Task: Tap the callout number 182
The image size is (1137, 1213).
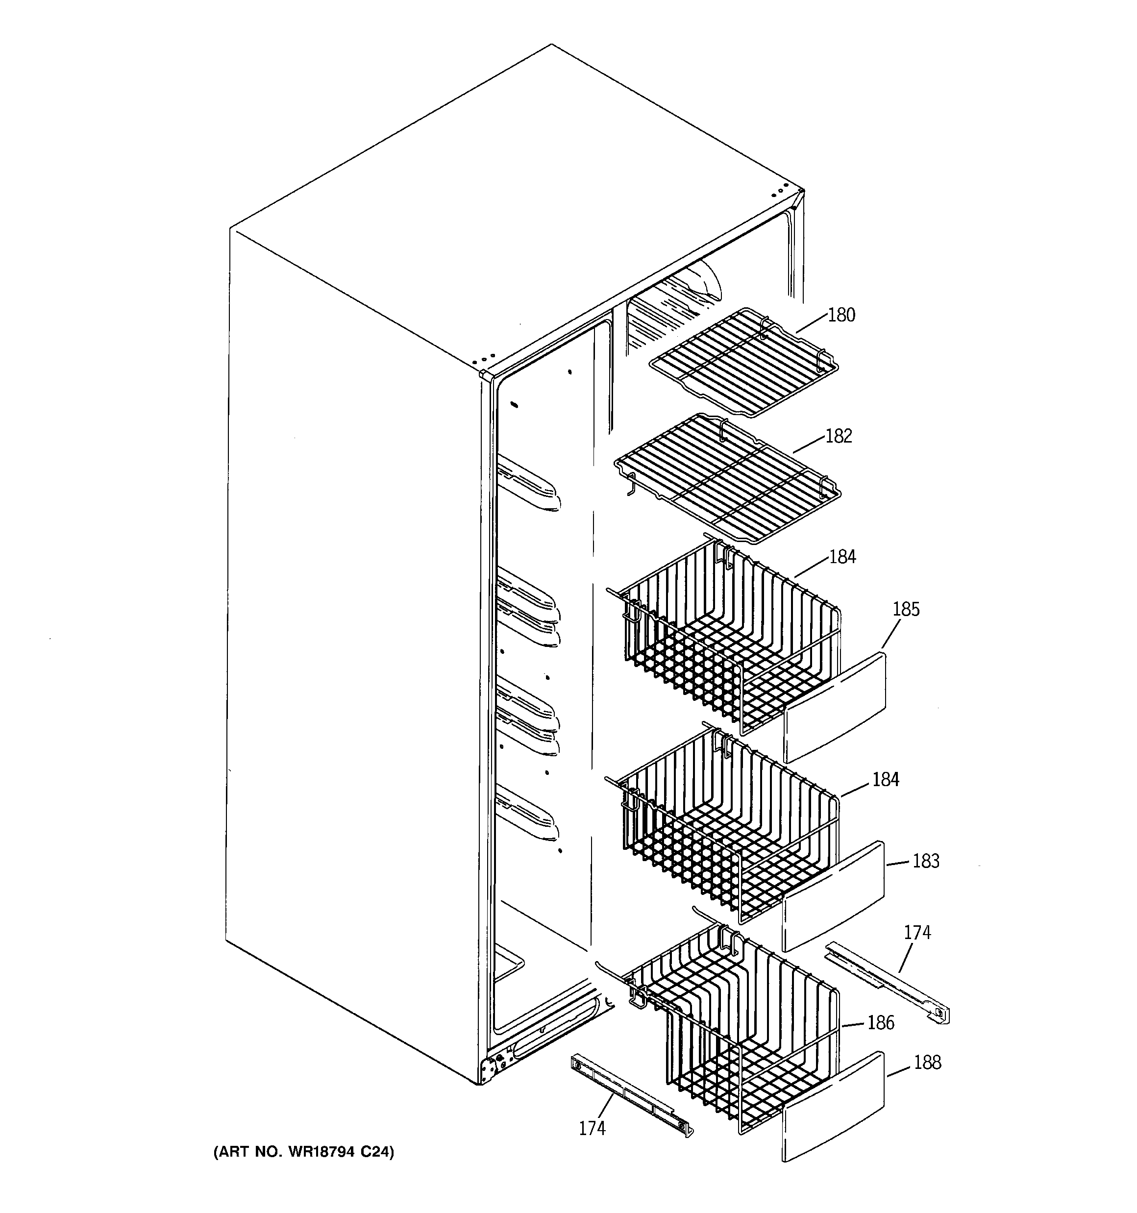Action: coord(838,436)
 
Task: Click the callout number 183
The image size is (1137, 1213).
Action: coord(925,861)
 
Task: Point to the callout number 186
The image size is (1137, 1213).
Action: coord(881,1023)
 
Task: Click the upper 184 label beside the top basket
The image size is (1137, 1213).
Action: coord(842,556)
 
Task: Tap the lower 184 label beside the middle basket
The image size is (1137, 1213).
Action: coord(885,779)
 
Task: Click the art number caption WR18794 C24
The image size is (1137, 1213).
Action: coord(303,1152)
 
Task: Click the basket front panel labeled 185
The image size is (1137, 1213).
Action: coord(834,708)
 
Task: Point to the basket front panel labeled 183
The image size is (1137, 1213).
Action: coord(834,897)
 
